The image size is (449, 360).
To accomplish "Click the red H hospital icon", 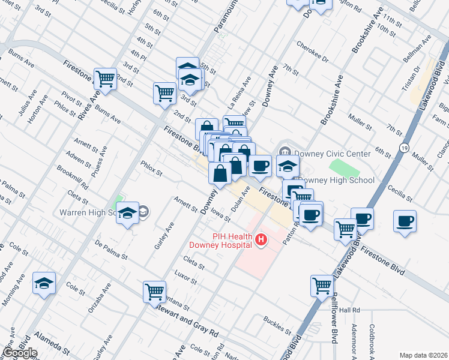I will (261, 240).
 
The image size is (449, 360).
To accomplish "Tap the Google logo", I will (20, 353).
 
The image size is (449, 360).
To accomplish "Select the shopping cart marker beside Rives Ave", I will (106, 79).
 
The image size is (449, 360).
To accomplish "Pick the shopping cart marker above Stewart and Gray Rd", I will (155, 292).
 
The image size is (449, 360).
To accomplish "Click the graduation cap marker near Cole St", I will (44, 283).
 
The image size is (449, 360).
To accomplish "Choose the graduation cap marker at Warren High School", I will (127, 213).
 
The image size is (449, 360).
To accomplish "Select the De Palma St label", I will (112, 250).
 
